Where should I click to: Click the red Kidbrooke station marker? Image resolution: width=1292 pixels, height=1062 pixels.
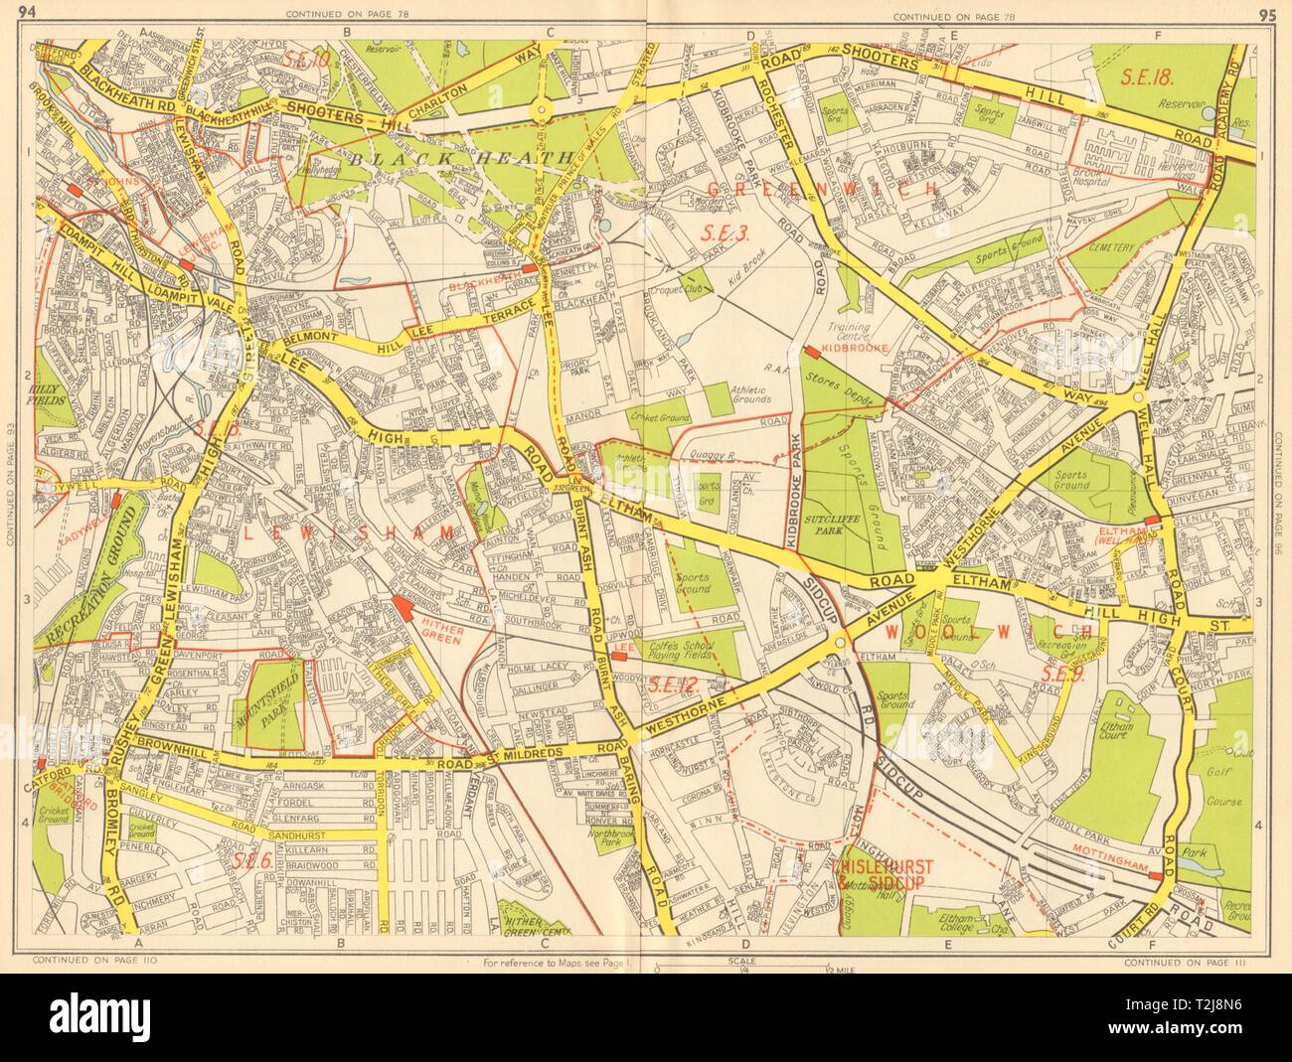812,351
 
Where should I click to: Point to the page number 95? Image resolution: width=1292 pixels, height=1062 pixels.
1266,13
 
